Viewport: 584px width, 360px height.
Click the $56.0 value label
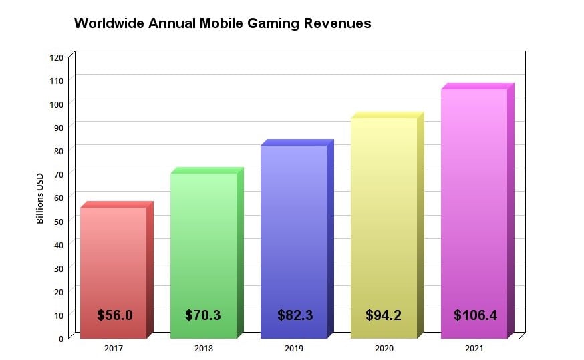click(114, 315)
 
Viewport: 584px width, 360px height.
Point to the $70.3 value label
click(203, 315)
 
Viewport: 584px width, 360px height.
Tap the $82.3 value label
click(295, 315)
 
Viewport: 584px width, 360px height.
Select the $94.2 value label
click(384, 315)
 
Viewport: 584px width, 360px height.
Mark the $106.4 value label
click(475, 315)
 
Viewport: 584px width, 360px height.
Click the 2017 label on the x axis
click(113, 349)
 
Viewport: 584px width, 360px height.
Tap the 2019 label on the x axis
click(293, 349)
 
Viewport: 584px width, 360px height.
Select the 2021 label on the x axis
click(474, 349)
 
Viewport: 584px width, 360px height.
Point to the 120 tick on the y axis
click(57, 57)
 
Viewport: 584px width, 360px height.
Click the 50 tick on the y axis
click(59, 221)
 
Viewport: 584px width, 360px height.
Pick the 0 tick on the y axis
click(61, 338)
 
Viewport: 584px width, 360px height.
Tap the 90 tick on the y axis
click(59, 127)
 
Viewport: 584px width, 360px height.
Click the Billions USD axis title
click(40, 198)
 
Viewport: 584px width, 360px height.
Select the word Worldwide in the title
click(108, 23)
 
